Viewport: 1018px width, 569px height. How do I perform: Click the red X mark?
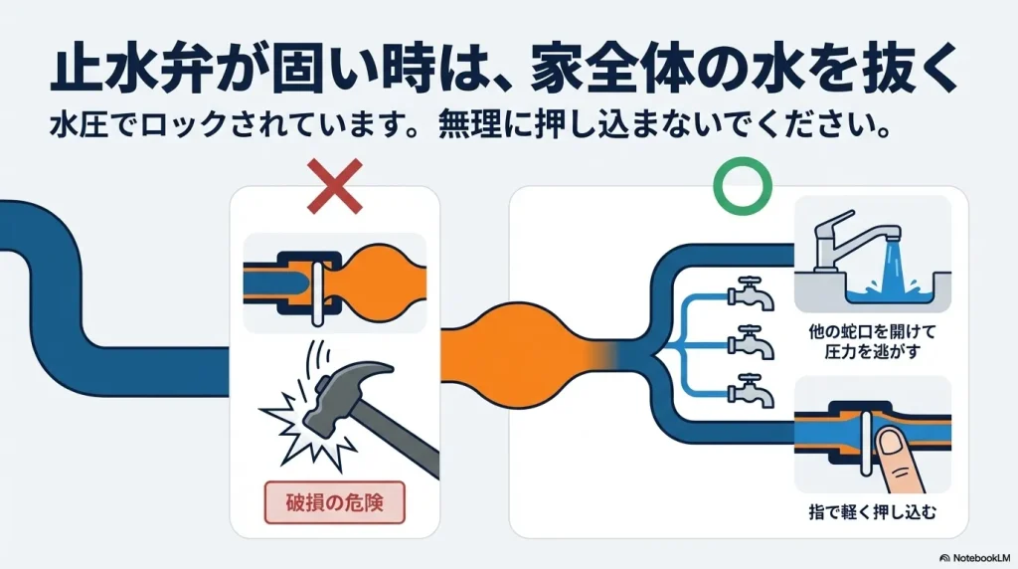[x=335, y=188]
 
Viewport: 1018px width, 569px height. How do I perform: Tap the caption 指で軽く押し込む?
[x=873, y=513]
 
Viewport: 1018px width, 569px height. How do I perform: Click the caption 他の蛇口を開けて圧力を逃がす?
[x=873, y=340]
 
